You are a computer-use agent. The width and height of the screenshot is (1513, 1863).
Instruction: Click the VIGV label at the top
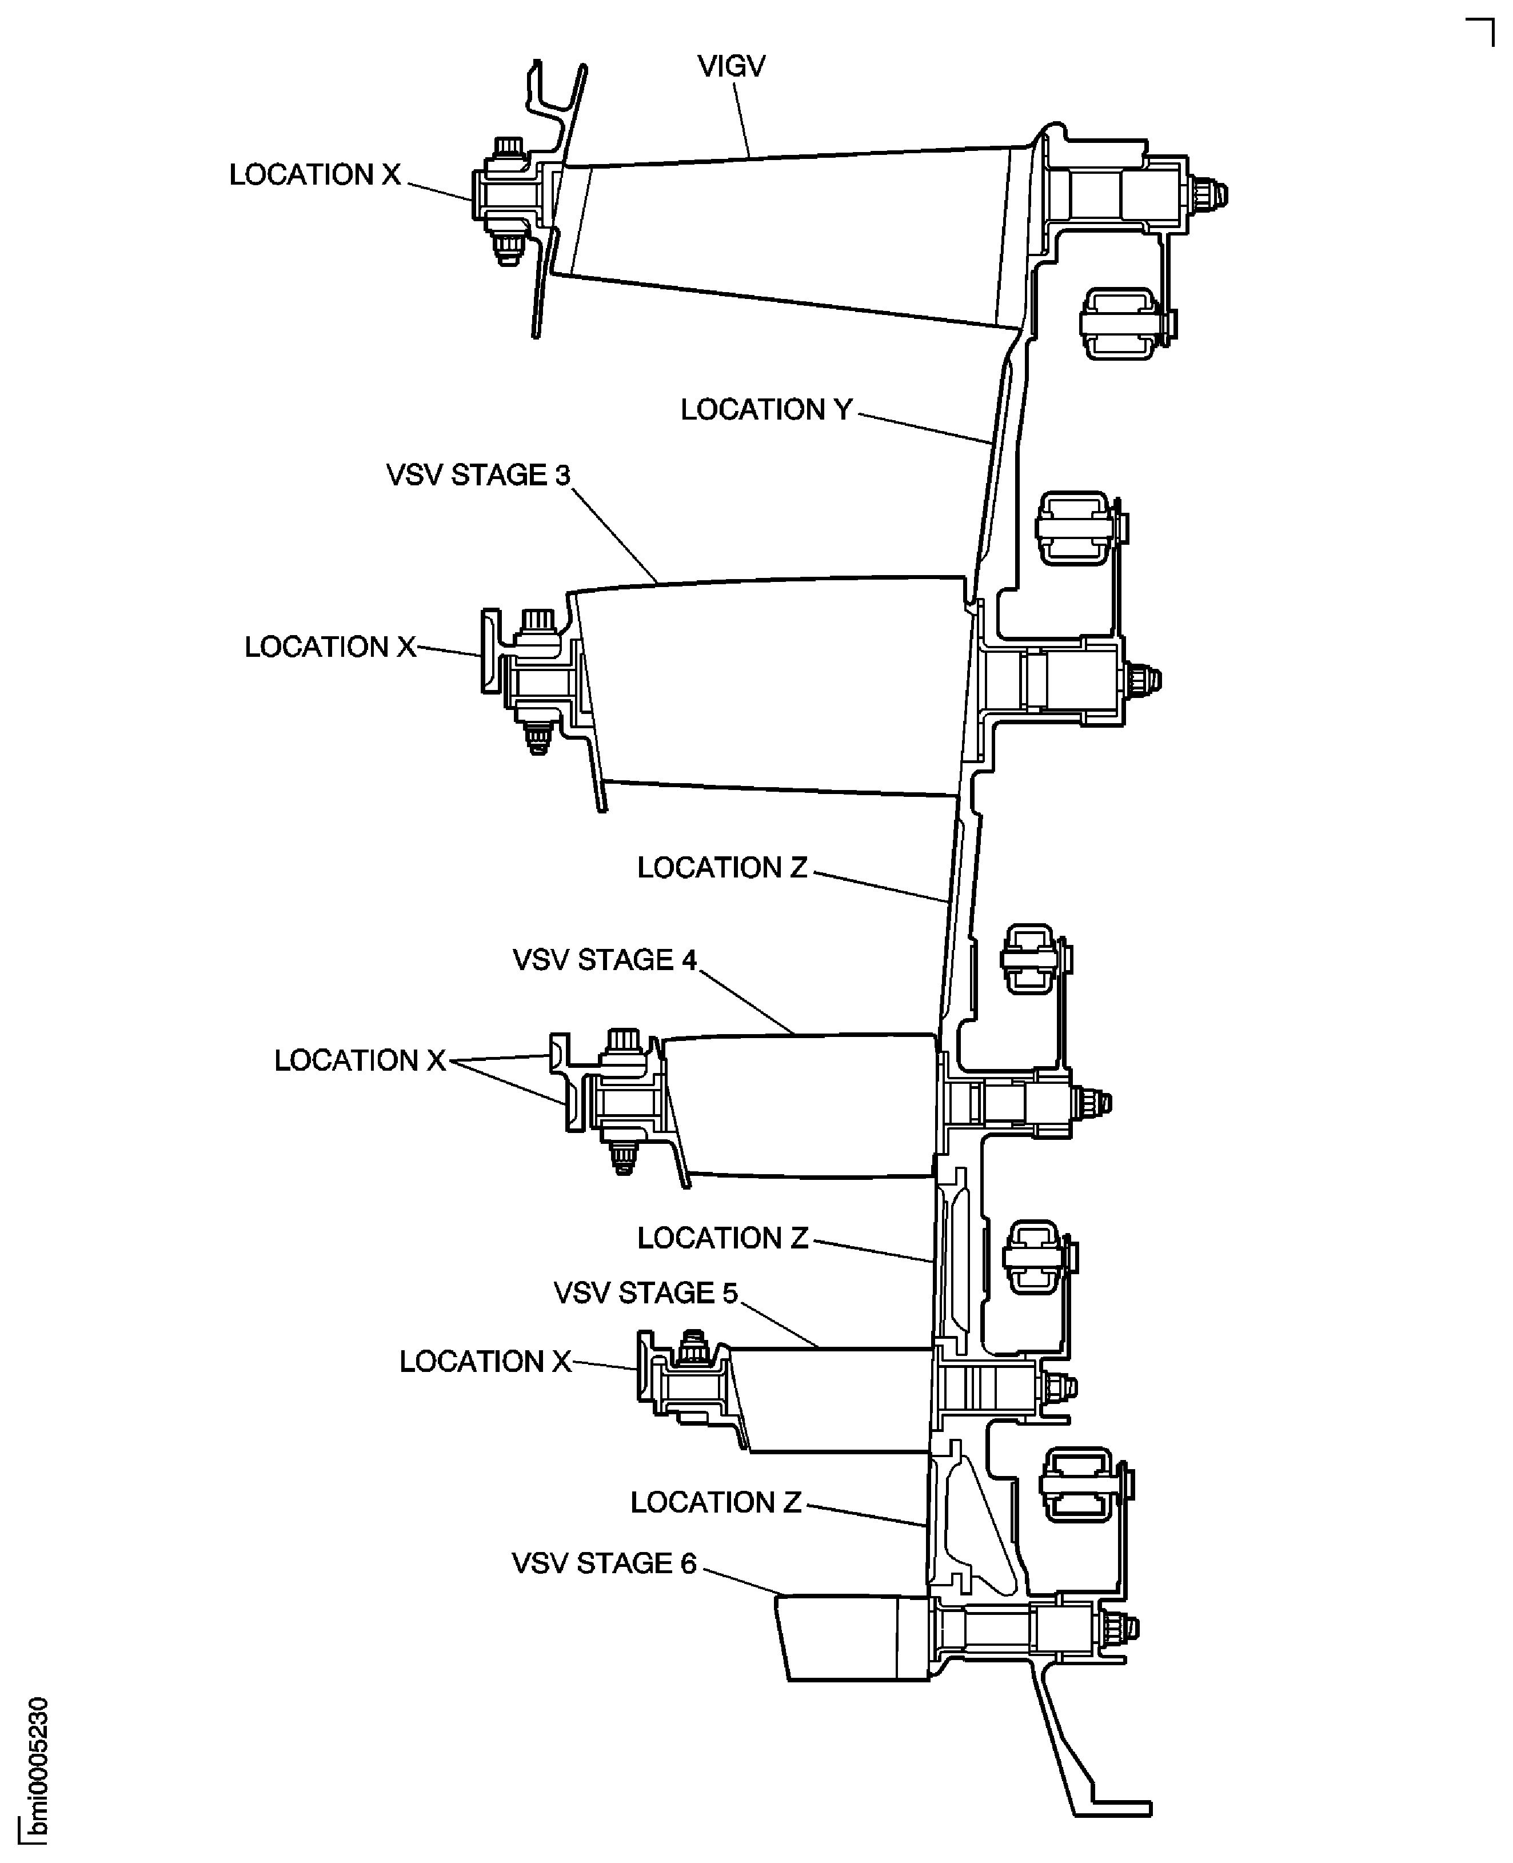(x=730, y=66)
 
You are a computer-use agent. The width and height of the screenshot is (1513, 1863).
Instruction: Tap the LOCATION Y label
(x=765, y=410)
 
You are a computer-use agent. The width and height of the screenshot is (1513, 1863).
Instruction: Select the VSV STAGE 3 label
(x=478, y=475)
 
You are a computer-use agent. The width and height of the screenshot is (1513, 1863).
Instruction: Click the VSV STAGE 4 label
(x=605, y=960)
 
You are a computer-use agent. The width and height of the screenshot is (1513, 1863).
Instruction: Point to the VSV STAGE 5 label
(x=645, y=1293)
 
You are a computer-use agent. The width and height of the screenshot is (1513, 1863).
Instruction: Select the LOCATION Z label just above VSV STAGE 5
(x=722, y=1238)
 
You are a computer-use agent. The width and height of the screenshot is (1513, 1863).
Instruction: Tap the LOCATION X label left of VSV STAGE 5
(x=485, y=1362)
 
